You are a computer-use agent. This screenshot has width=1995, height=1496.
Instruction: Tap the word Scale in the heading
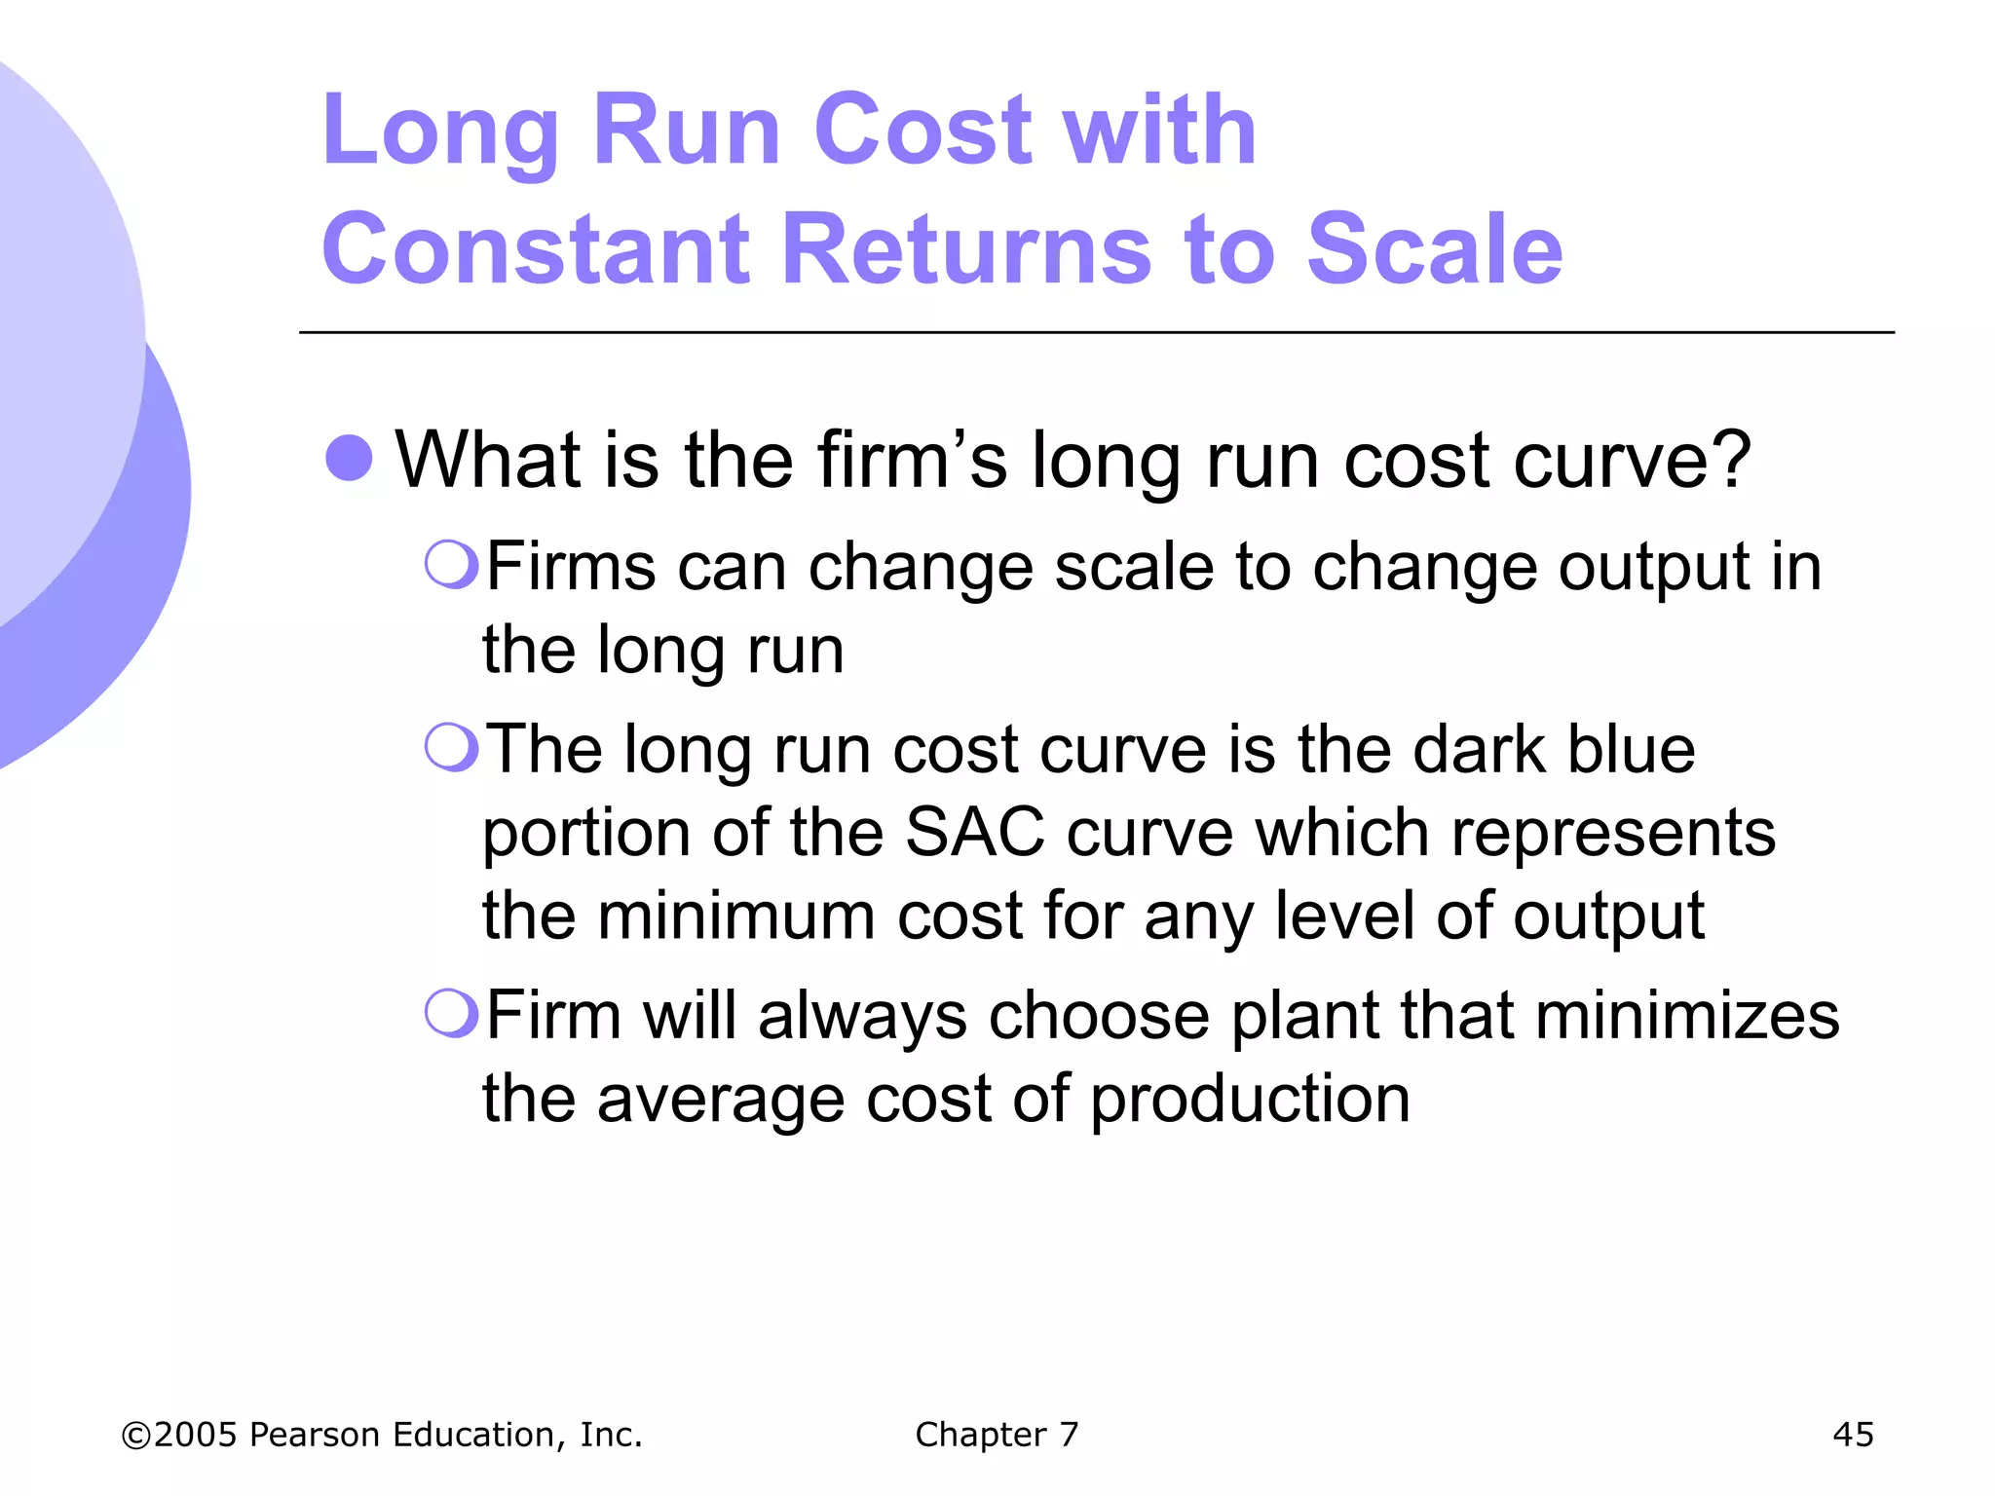coord(1434,249)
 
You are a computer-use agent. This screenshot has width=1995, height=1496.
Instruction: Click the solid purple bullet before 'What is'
coord(349,458)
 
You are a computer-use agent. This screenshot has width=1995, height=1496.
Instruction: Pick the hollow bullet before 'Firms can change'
coord(451,565)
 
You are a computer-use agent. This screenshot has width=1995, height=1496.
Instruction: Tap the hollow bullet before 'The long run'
coord(451,748)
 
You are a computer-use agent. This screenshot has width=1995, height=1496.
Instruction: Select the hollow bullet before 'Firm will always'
coord(451,1014)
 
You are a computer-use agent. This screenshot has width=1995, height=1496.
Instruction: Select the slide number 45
coord(1853,1434)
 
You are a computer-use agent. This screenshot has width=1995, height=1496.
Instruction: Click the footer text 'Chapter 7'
coord(997,1434)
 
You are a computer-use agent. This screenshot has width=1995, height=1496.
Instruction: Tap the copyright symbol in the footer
coord(135,1435)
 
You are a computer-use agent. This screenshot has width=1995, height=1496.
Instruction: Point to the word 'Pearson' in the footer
coord(314,1434)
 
